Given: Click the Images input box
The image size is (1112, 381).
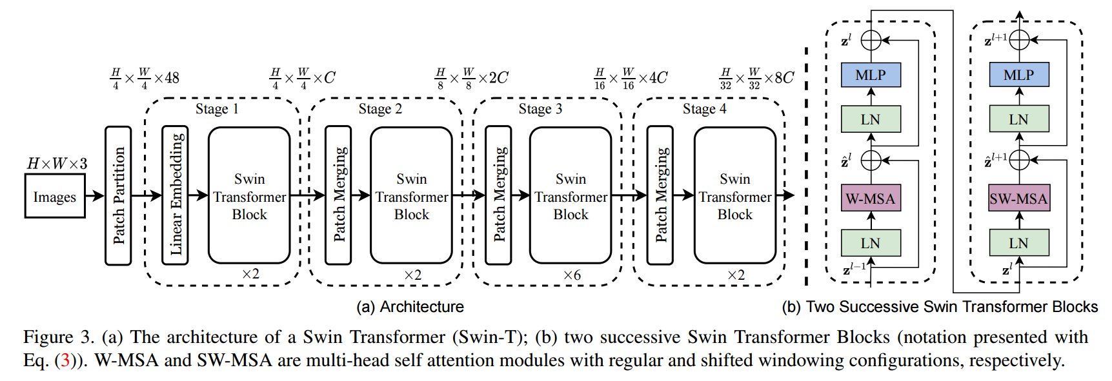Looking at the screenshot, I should (x=55, y=196).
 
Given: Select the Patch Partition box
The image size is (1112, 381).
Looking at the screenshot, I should (x=118, y=195).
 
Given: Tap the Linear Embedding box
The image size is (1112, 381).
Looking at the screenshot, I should (x=176, y=195).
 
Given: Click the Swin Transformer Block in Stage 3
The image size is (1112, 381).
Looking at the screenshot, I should (x=571, y=195).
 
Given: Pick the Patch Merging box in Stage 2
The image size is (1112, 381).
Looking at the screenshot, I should (x=338, y=195).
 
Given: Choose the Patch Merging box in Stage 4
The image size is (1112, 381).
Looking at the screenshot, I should (x=660, y=195).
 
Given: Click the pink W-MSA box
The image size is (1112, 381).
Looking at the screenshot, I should (x=871, y=199).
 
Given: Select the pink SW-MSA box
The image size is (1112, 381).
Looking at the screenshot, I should (x=1018, y=199).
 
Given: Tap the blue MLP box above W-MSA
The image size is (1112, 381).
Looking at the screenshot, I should (x=871, y=75).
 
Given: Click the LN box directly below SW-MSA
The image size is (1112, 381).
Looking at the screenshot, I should (x=1018, y=243).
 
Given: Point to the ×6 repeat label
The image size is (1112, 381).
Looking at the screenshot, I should (x=572, y=275).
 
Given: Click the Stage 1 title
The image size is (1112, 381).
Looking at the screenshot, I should (x=217, y=109).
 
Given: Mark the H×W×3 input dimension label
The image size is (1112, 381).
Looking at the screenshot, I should (x=57, y=164).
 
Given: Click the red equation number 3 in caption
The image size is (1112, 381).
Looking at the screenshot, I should (x=65, y=360).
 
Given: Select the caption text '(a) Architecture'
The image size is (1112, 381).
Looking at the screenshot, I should (x=410, y=307).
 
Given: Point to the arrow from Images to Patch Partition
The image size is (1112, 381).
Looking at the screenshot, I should (x=95, y=196).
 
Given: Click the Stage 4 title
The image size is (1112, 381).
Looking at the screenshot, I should (x=704, y=109).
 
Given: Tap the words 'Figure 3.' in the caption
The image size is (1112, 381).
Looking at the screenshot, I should (x=58, y=337).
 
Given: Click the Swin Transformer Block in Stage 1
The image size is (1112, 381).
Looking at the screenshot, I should (x=249, y=195).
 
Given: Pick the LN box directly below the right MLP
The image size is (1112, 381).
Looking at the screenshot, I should (x=1018, y=119).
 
